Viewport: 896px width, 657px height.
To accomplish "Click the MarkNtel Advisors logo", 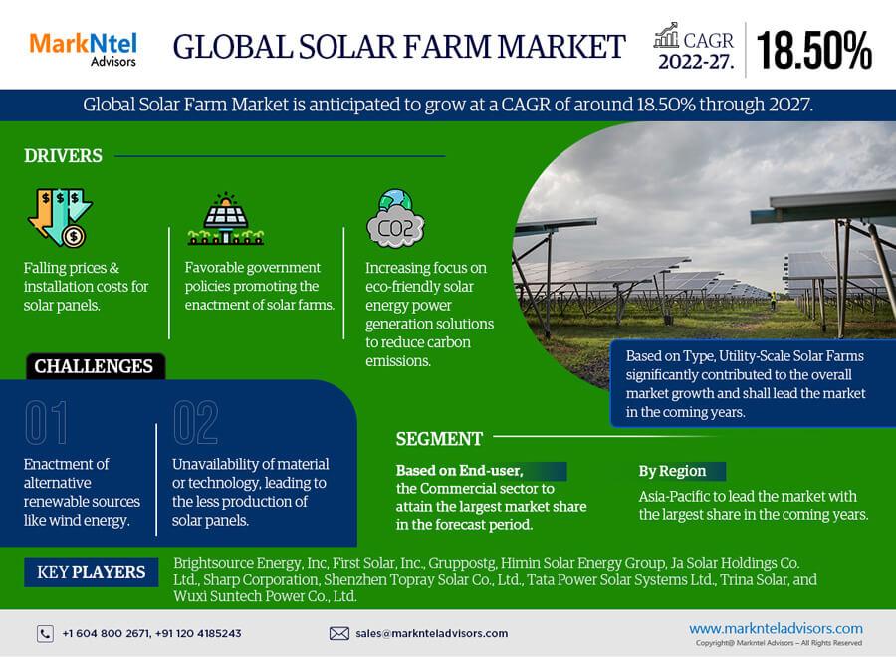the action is click(x=84, y=50).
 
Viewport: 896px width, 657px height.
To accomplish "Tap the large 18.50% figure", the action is click(x=813, y=51).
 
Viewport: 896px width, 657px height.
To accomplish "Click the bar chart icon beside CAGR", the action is click(x=666, y=36).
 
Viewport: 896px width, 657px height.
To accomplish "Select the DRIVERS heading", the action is click(x=63, y=156).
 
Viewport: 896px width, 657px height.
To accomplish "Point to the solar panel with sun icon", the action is click(x=226, y=218).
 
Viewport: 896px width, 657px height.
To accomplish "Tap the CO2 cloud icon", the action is click(x=395, y=219).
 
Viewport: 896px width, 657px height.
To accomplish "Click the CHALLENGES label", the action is click(x=94, y=366).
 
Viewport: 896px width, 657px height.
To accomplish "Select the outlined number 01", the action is click(x=46, y=422).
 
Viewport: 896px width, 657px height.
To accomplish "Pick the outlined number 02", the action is click(x=195, y=422).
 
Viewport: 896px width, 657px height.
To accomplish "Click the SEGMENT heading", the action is click(x=439, y=439).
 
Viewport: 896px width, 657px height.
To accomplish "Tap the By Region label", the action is click(x=673, y=471).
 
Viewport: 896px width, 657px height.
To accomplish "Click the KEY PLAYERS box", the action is click(x=92, y=572).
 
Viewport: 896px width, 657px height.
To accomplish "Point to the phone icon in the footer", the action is click(x=45, y=633).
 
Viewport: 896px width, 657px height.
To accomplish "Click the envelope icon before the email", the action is click(x=339, y=633).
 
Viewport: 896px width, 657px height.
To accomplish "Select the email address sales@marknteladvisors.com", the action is click(x=432, y=633).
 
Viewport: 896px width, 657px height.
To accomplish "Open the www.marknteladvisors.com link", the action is click(x=776, y=628).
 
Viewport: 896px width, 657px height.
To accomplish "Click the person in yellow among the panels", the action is click(x=774, y=300).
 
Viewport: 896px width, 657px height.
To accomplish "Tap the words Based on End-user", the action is click(x=459, y=471).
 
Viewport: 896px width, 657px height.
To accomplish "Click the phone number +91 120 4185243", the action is click(x=198, y=633).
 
